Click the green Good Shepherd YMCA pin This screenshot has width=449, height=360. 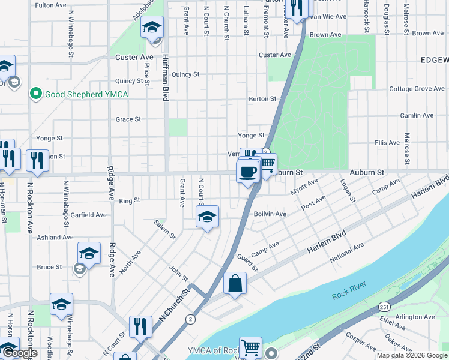click(x=35, y=94)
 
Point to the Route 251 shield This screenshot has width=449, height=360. click(x=384, y=307)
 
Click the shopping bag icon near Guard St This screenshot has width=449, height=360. click(x=235, y=283)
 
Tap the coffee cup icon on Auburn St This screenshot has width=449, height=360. click(x=247, y=172)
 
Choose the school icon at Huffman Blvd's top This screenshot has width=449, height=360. click(x=152, y=28)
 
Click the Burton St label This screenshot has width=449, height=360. click(x=262, y=99)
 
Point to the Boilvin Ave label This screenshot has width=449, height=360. click(x=270, y=214)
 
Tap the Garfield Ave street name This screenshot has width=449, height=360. click(x=88, y=215)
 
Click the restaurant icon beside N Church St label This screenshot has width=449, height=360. click(x=140, y=326)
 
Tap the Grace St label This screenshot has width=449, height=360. click(x=128, y=119)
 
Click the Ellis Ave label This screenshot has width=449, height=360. click(x=387, y=143)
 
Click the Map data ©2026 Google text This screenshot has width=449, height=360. click(x=411, y=355)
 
